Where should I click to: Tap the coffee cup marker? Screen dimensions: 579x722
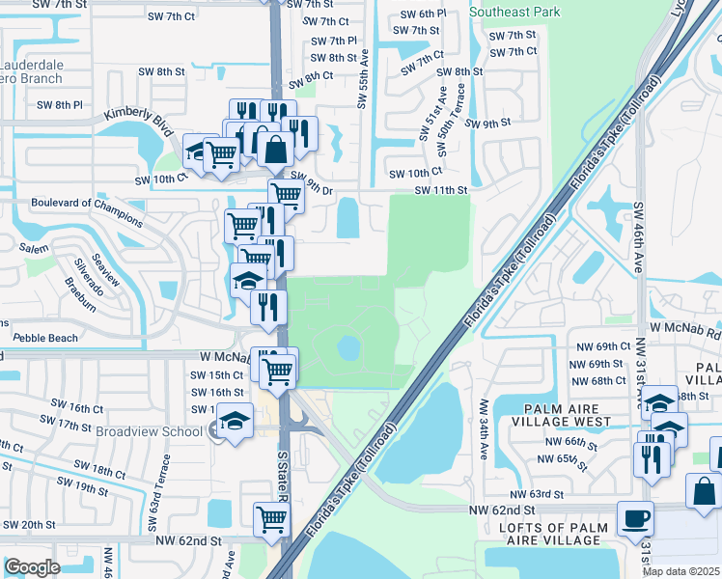click(x=635, y=518)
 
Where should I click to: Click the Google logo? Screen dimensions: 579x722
click(x=32, y=567)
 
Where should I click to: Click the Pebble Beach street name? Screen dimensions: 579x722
click(x=46, y=338)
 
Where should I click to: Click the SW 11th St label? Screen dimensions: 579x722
click(x=441, y=191)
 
